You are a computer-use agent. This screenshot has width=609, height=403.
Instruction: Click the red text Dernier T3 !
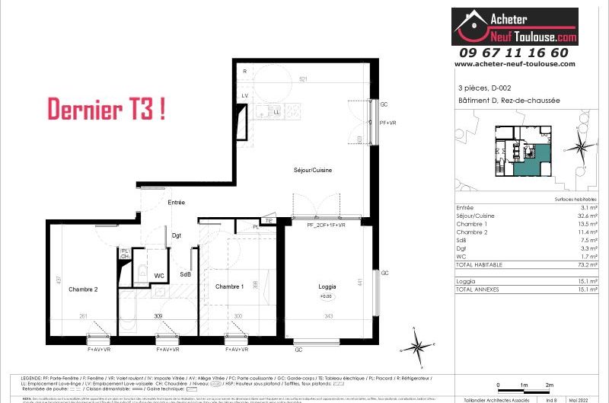point(107,109)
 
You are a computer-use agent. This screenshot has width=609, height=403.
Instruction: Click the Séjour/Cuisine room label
point(312,169)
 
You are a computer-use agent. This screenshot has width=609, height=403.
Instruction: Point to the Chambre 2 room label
point(83,289)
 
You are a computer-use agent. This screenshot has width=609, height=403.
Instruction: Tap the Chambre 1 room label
point(229,286)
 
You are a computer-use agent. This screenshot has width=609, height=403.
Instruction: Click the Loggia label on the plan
point(327,286)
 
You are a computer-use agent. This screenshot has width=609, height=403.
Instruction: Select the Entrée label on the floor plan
point(177,202)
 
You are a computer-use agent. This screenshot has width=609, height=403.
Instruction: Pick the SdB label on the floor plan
point(185,274)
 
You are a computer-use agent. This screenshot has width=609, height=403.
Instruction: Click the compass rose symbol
point(418,346)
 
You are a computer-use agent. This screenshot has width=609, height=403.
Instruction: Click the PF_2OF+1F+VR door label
point(326,225)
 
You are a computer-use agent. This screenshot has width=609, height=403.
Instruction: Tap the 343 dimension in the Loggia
point(329,316)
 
